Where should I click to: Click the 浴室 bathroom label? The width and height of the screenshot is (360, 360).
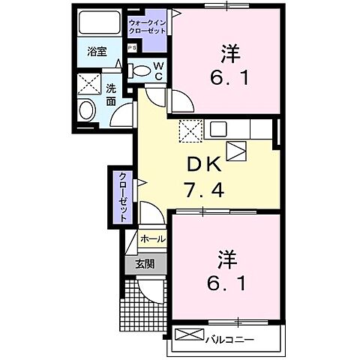[97, 52]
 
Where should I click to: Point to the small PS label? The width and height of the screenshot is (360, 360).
[132, 48]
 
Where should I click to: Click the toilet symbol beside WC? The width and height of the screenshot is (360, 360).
[140, 70]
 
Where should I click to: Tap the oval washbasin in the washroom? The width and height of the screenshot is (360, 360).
[87, 112]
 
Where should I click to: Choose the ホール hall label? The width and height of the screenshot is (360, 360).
[152, 238]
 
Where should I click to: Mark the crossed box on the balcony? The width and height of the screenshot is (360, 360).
[190, 335]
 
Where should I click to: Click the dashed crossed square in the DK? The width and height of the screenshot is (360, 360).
[190, 130]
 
